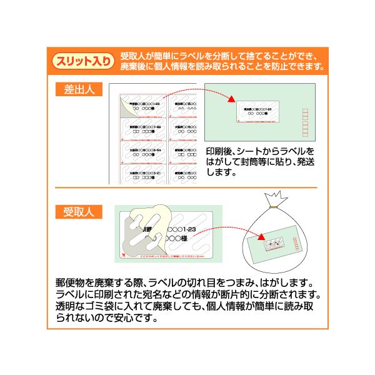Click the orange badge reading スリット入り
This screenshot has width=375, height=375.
tap(84, 61)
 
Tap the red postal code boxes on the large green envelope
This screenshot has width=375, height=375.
tap(305, 121)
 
